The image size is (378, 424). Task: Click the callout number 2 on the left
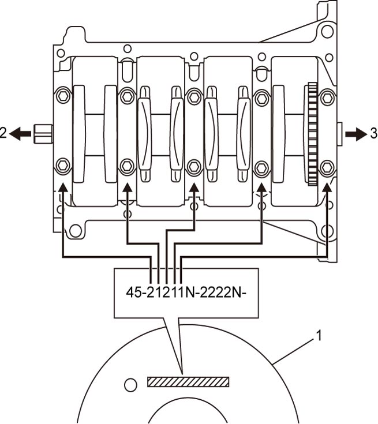[x=3, y=133]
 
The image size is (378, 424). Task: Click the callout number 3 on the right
[x=374, y=133]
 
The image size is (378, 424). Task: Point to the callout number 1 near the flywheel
[x=319, y=336]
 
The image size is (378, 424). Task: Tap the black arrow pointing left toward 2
[x=20, y=134]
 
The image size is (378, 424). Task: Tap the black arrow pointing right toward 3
[x=355, y=134]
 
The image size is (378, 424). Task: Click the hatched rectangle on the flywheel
[x=188, y=381]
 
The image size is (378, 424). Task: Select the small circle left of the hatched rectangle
[x=130, y=384]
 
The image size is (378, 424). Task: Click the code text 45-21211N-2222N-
[x=186, y=292]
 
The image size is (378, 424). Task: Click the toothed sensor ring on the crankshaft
[x=312, y=134]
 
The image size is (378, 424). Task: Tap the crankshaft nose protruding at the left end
[x=43, y=134]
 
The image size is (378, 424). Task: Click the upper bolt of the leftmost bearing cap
[x=63, y=95]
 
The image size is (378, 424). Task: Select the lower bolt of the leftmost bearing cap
[x=63, y=165]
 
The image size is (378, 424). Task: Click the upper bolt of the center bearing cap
[x=194, y=97]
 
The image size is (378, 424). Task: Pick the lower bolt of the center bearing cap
[x=194, y=166]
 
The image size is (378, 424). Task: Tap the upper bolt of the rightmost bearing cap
[x=327, y=97]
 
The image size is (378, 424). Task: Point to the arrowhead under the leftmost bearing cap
[x=63, y=187]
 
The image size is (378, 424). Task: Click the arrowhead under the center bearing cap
[x=194, y=187]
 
